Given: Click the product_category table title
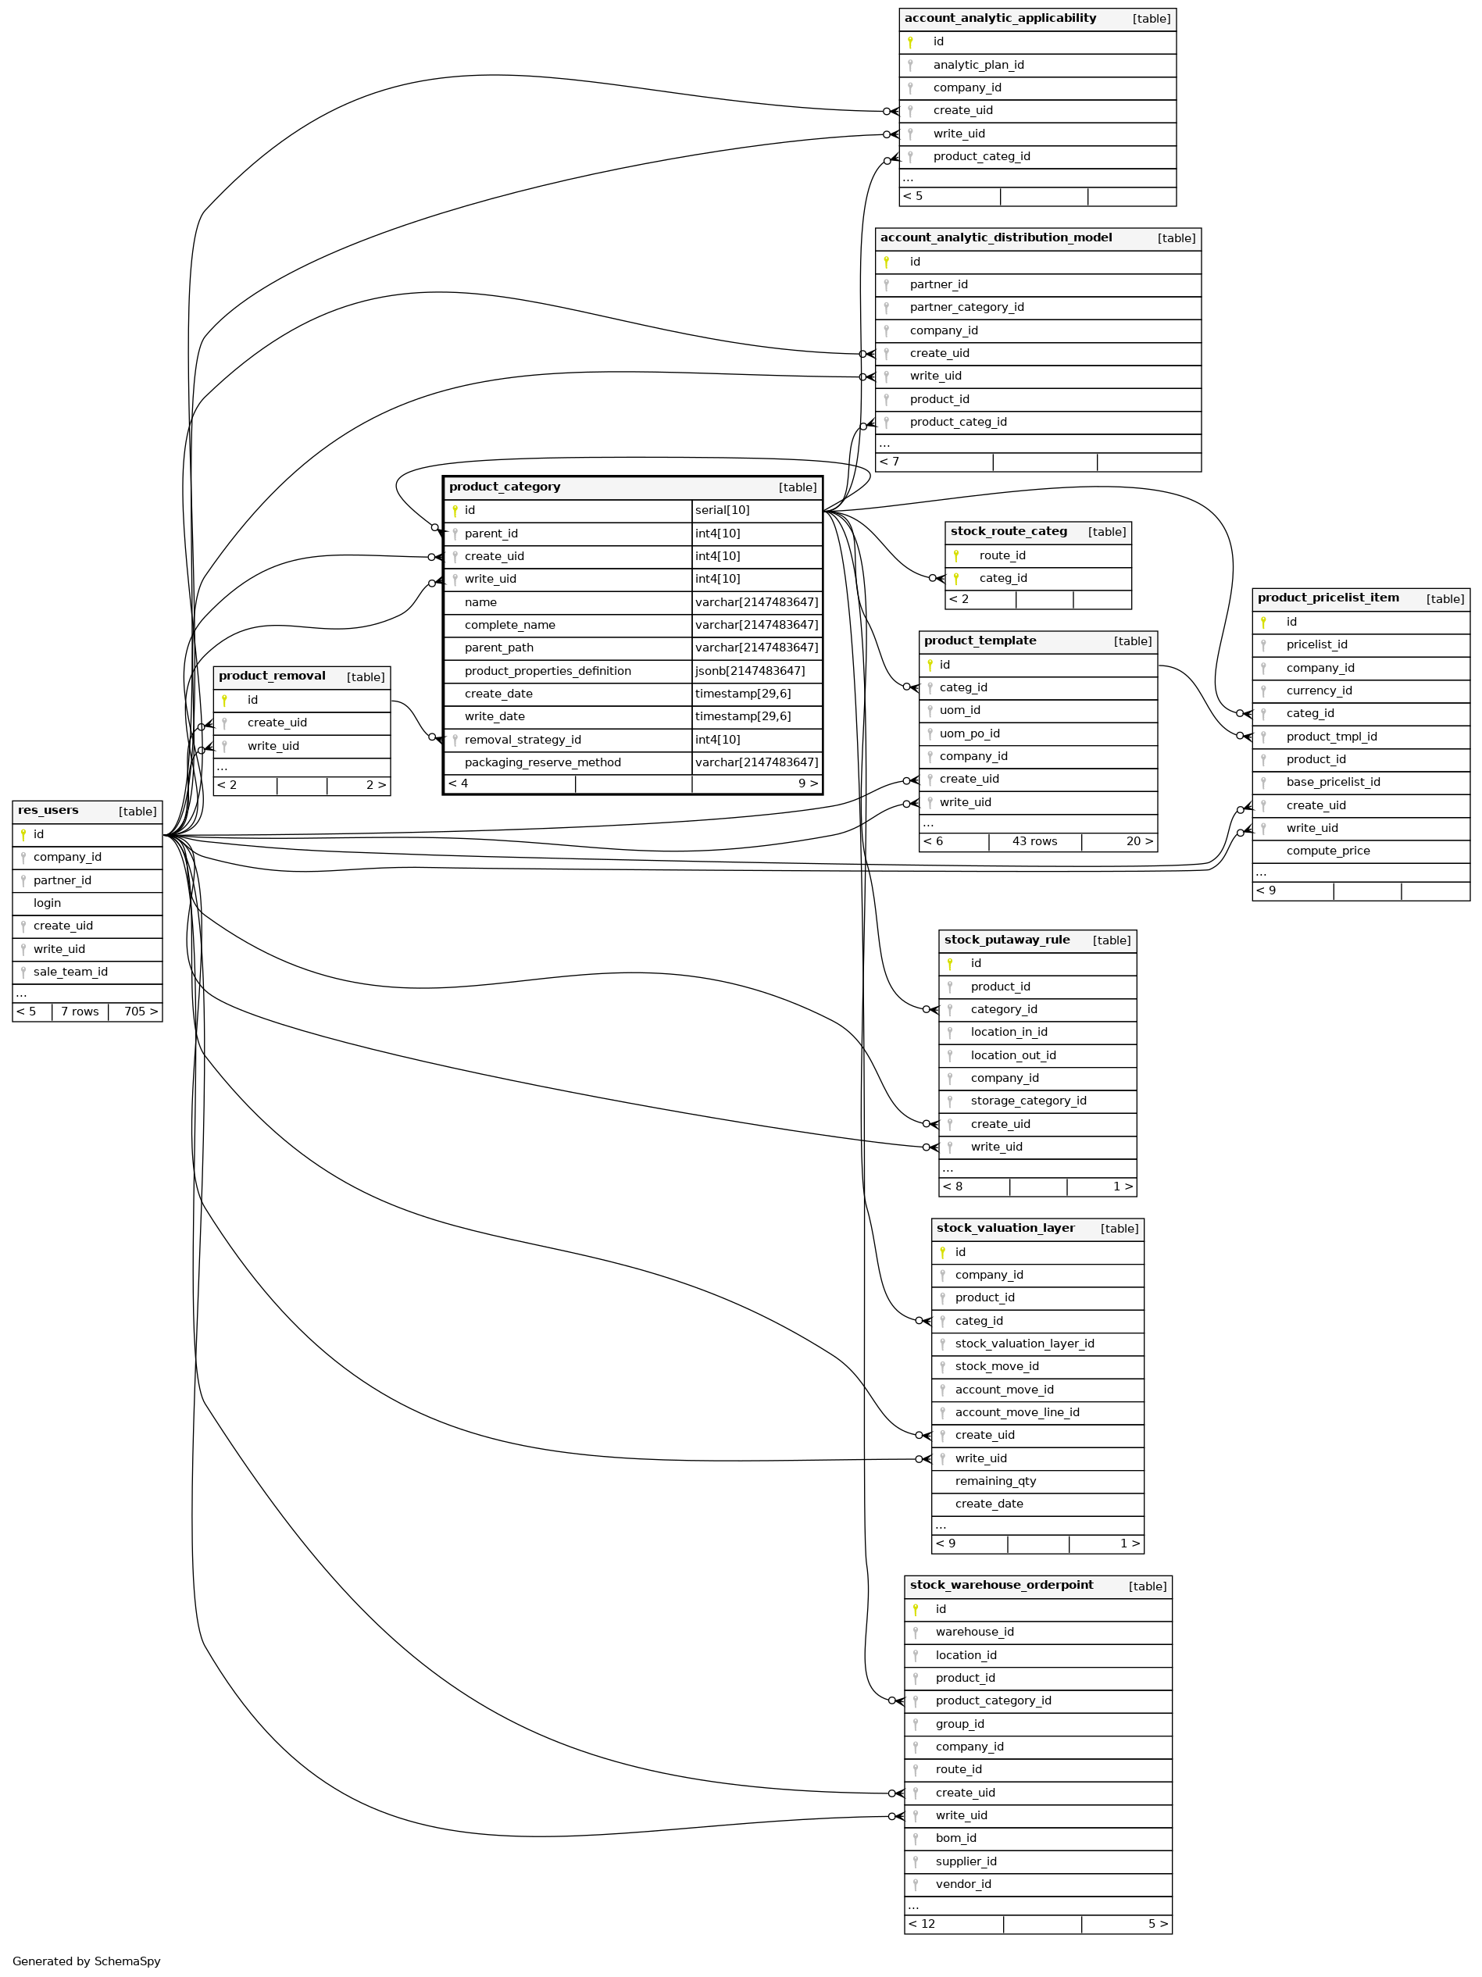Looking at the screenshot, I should click(505, 487).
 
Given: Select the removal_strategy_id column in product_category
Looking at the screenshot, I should click(523, 740).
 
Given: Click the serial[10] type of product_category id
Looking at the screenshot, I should click(722, 510).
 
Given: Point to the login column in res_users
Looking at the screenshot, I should click(48, 904).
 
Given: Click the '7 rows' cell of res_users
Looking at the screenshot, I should click(80, 1012).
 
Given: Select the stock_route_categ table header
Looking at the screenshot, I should click(1009, 532).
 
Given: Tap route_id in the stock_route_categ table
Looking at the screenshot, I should click(1002, 556).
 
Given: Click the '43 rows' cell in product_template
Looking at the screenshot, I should click(1034, 842).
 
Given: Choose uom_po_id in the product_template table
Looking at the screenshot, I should click(969, 733).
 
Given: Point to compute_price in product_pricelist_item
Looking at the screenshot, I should click(1327, 851).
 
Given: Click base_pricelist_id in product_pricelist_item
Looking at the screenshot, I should click(1333, 782).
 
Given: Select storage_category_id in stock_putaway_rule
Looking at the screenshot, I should click(1028, 1101).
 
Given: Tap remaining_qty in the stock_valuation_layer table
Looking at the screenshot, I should click(995, 1481).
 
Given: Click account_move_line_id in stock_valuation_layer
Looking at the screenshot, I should click(1016, 1412).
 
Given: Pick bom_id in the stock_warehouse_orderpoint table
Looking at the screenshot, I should click(955, 1839).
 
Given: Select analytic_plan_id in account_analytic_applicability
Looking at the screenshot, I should click(978, 66).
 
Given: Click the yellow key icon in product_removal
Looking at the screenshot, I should click(224, 701).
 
